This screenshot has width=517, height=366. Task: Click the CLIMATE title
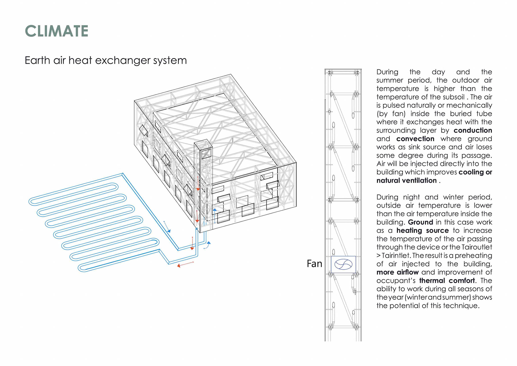click(x=57, y=31)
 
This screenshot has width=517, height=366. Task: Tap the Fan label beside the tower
click(x=314, y=264)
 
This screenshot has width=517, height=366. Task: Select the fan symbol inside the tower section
click(x=343, y=264)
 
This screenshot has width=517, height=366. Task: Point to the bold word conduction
click(x=473, y=131)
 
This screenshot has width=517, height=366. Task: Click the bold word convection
click(x=415, y=139)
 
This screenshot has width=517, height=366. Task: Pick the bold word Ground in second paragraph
click(x=420, y=222)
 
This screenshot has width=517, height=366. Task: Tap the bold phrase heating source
click(x=422, y=231)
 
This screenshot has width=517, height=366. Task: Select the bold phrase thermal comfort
click(x=447, y=281)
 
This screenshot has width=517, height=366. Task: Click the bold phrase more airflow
click(x=397, y=272)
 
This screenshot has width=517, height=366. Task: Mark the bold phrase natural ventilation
click(x=406, y=181)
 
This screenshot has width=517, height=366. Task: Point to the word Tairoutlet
click(x=477, y=247)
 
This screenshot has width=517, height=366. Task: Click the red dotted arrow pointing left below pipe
click(x=185, y=264)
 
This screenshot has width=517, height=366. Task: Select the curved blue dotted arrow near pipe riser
click(x=207, y=245)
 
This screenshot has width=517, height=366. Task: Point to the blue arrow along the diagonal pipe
click(x=167, y=227)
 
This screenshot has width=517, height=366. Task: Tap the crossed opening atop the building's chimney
click(x=206, y=153)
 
